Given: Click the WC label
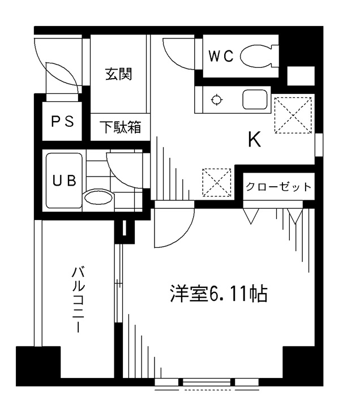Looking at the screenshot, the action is click(221, 56).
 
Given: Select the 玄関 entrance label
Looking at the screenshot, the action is click(119, 74).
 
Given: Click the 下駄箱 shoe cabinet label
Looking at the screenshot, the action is click(121, 127).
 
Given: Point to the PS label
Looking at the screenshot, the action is click(62, 121).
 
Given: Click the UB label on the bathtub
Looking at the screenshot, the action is click(65, 180).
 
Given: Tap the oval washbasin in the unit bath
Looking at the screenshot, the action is click(98, 197).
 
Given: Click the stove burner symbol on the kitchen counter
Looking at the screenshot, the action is click(216, 100).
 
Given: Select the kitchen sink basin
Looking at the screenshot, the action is click(255, 100).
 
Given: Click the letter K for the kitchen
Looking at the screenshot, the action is click(254, 139).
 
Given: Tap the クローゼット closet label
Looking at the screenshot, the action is click(278, 187).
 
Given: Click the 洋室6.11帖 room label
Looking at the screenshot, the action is click(218, 294).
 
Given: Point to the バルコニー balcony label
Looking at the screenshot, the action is click(78, 299).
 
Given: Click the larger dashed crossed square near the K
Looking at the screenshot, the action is click(293, 115).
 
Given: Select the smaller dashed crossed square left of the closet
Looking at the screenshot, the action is click(217, 182).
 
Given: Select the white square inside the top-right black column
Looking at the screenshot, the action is click(301, 76).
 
